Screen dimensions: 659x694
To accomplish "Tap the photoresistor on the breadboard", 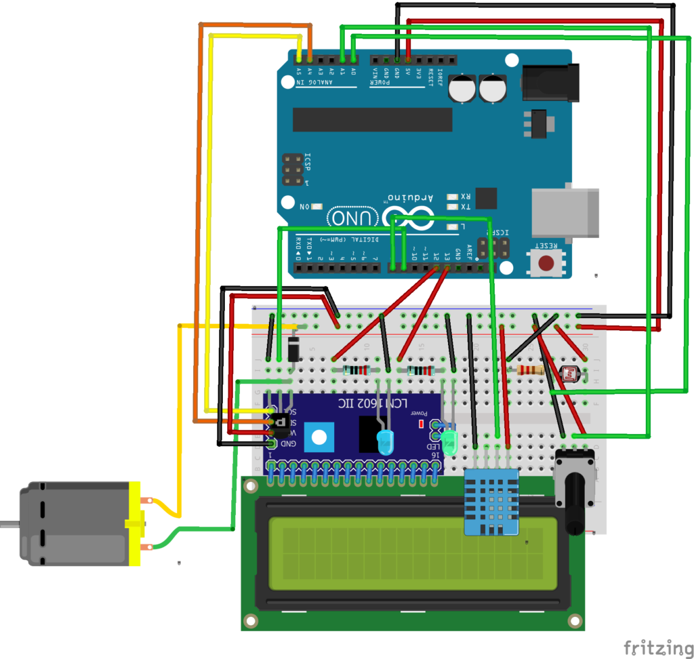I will [x=572, y=373].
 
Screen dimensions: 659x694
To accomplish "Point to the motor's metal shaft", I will [x=9, y=523].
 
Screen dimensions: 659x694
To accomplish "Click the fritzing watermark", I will [x=653, y=647].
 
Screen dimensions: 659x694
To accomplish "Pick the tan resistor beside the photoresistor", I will [x=530, y=370].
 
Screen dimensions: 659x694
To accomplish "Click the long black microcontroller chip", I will [x=372, y=119].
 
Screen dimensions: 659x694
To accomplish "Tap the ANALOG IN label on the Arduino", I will [x=314, y=83].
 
